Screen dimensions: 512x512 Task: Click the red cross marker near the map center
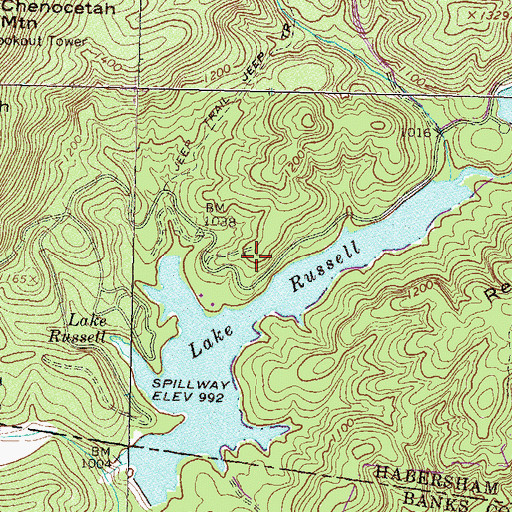(257, 257)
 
